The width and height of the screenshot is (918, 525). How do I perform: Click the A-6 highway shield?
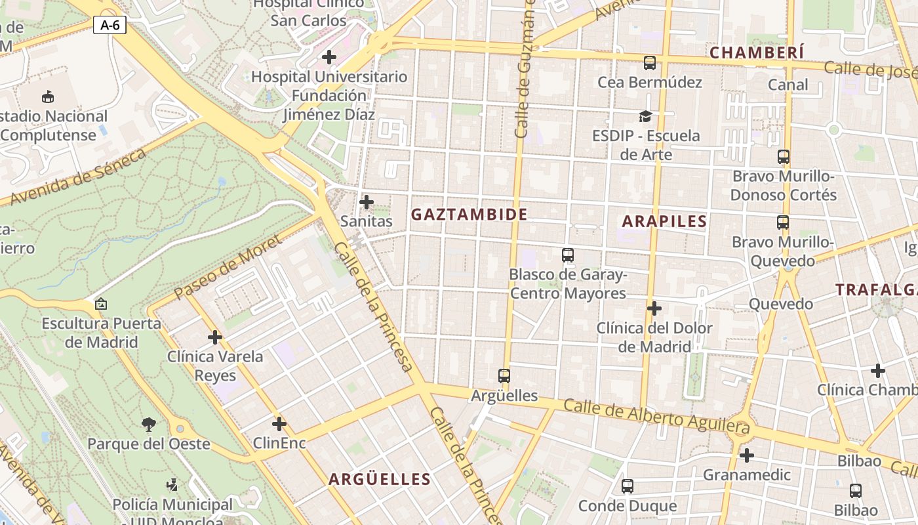click(x=110, y=26)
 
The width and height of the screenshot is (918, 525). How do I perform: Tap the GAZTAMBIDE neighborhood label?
click(x=469, y=215)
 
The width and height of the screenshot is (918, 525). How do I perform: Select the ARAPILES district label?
click(x=664, y=221)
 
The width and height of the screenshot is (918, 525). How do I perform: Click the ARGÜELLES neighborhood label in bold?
click(x=380, y=479)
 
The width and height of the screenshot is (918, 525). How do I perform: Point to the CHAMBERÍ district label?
click(x=757, y=52)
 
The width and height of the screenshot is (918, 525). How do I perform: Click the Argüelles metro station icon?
click(x=504, y=376)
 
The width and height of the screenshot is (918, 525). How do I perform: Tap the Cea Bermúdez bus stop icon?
click(x=649, y=63)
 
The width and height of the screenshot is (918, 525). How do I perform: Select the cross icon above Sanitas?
click(x=367, y=202)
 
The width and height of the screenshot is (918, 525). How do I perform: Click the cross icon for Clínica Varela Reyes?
click(x=215, y=337)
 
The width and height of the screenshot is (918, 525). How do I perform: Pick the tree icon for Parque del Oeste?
click(x=149, y=425)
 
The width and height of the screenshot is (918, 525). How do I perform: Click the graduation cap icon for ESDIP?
click(x=646, y=117)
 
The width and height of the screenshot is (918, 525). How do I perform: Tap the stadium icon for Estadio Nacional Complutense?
click(x=48, y=97)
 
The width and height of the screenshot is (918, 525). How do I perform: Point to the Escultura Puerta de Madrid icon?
click(x=100, y=304)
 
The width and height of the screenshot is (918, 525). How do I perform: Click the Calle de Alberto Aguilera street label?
click(x=656, y=415)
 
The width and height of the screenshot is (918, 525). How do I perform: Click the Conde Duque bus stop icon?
click(x=628, y=486)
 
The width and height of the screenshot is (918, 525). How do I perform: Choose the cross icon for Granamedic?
click(x=746, y=455)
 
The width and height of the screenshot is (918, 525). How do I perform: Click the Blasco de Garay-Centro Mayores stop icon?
click(x=568, y=255)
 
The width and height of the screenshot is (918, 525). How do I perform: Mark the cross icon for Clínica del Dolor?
click(x=654, y=308)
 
